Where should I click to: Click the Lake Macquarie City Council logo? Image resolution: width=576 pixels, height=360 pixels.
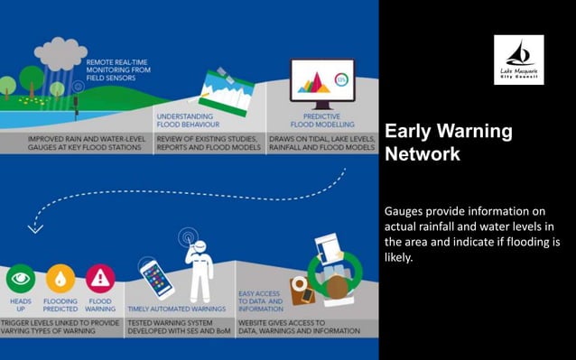[x=518, y=60]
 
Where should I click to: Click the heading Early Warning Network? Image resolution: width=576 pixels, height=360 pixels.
[x=448, y=143]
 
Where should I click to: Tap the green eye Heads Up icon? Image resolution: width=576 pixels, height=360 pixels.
[x=20, y=278]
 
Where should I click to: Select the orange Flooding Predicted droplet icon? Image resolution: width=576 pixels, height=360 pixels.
[x=60, y=278]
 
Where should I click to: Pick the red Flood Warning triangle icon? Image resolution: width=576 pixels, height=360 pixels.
[x=100, y=278]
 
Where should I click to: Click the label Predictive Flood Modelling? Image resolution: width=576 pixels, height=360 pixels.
[x=321, y=120]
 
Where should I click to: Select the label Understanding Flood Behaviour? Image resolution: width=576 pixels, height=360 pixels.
[x=185, y=120]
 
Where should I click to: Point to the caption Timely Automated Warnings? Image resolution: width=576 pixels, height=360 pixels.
[x=178, y=309]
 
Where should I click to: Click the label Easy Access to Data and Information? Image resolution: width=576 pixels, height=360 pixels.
[x=260, y=300]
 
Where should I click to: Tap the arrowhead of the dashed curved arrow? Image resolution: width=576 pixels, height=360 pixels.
[x=35, y=229]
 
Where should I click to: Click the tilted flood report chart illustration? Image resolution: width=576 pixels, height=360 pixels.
[x=225, y=92]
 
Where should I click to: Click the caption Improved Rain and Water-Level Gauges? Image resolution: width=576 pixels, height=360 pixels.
[x=76, y=142]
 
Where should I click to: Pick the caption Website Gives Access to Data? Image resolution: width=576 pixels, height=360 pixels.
[x=299, y=326]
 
